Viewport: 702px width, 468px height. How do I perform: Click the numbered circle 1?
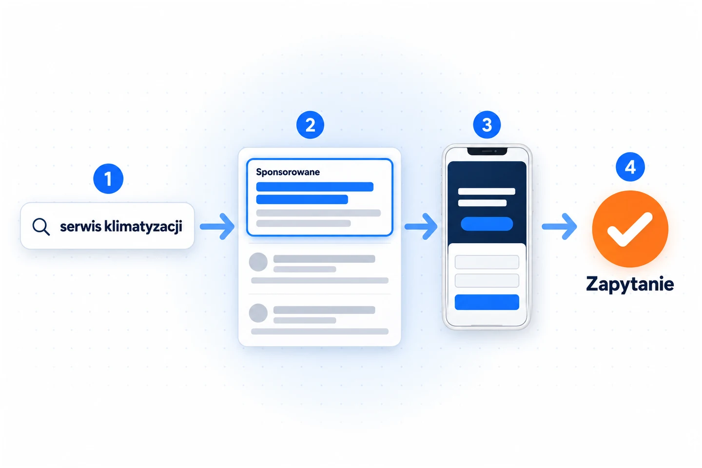point(108,179)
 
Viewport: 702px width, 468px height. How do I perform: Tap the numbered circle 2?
point(310,125)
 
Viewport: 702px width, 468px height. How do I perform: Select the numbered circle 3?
point(487,125)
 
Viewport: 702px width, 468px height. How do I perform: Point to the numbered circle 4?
point(630,167)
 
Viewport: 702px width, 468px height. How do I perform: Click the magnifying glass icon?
point(41,226)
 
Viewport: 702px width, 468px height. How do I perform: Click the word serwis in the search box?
point(80,226)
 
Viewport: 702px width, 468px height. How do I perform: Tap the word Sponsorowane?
point(288,172)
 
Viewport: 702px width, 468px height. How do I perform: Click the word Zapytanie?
point(630,285)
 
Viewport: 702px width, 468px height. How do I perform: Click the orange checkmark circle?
point(630,229)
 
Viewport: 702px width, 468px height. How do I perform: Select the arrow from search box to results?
point(217,226)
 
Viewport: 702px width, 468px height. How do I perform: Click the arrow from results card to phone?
point(421,226)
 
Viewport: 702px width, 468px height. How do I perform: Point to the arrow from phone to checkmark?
point(560,226)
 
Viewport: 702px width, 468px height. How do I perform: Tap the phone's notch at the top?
point(487,152)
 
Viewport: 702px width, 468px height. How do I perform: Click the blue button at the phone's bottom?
point(487,302)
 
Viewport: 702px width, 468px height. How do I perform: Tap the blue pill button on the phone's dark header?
point(487,224)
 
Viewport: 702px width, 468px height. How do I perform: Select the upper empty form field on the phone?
point(487,262)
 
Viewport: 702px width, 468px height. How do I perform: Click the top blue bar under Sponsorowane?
point(314,187)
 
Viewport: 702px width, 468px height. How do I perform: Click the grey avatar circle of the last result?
point(258,313)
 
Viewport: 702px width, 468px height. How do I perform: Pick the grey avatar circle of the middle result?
point(258,262)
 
